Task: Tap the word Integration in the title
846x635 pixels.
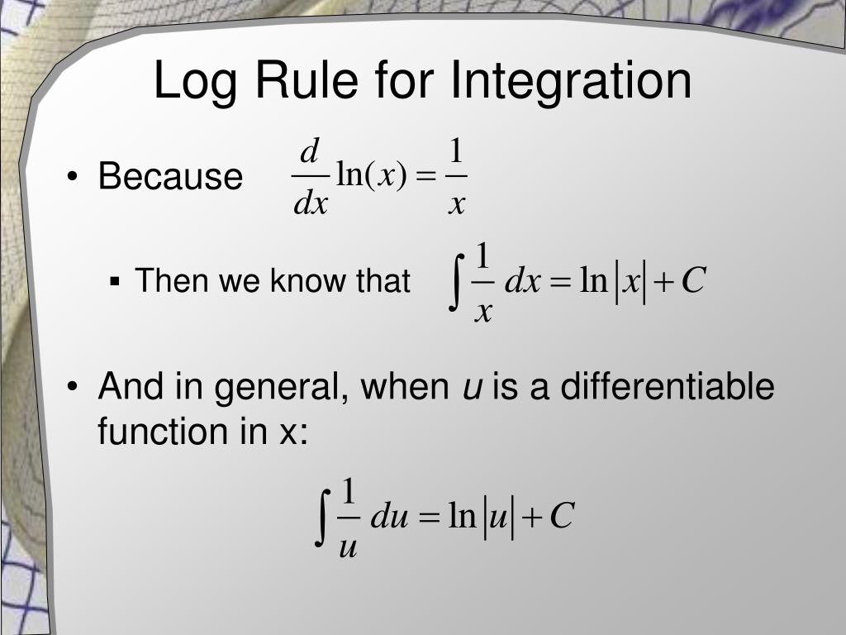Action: [571, 83]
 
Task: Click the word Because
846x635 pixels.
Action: [170, 177]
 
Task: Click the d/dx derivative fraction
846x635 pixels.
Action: [310, 177]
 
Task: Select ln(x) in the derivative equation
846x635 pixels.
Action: [372, 177]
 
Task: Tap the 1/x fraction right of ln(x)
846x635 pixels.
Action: [456, 177]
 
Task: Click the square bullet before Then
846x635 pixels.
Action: [116, 282]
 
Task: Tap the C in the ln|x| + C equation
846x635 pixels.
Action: [693, 282]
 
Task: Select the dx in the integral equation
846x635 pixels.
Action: [522, 282]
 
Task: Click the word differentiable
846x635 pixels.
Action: [668, 387]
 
